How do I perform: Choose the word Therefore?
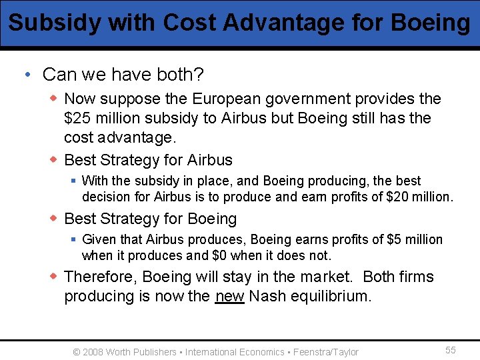point(101,277)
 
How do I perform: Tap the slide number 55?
point(451,351)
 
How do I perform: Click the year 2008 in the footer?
point(93,352)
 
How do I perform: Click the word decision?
point(107,197)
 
